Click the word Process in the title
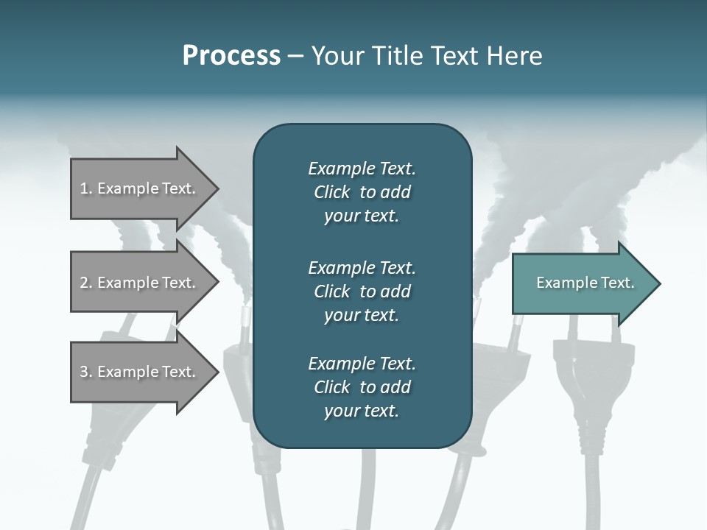231,56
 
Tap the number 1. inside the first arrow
86,188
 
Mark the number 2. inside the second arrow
86,283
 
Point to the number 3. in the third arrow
86,372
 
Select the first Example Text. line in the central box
362,169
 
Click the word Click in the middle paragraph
332,291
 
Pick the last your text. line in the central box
362,411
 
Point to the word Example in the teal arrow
565,283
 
